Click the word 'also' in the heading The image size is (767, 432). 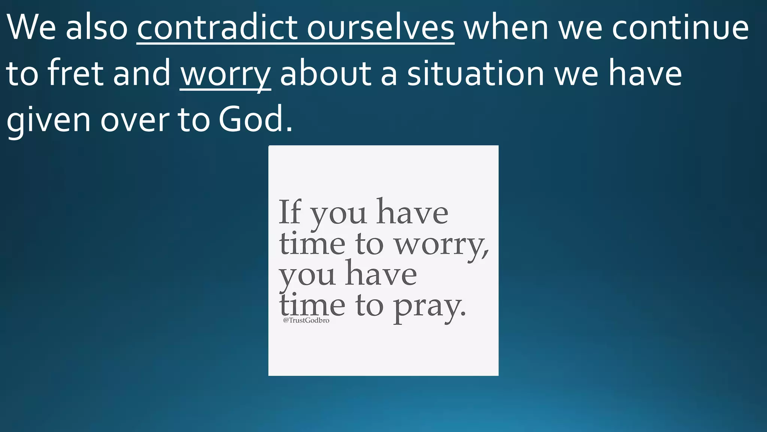pos(97,28)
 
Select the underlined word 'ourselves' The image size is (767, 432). pos(381,28)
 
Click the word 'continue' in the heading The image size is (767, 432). pos(680,28)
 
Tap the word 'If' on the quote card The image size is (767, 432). pos(290,212)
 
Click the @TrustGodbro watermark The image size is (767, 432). pos(306,320)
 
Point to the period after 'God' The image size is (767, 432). pos(289,129)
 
